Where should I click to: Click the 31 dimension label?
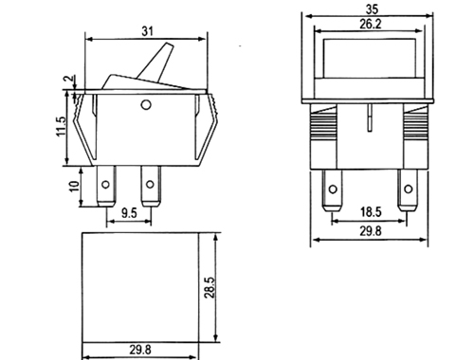pos(147,31)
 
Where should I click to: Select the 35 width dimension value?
pos(372,9)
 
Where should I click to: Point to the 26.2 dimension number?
pos(371,25)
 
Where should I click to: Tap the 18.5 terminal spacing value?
pos(371,211)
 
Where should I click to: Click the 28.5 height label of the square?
pos(210,287)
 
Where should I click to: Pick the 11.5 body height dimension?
pos(61,126)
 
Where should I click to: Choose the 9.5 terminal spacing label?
pos(129,213)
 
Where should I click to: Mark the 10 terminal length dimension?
pos(74,186)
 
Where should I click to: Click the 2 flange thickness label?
pos(70,79)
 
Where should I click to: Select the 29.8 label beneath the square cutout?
pos(140,350)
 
